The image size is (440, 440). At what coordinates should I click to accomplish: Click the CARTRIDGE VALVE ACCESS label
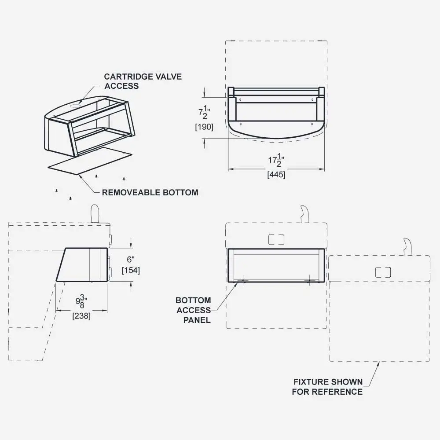[143, 81]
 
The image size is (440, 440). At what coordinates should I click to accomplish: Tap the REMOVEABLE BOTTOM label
[150, 192]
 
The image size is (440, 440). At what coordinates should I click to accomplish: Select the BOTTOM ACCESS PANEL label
[193, 310]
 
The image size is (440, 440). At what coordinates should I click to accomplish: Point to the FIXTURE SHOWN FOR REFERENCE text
[328, 387]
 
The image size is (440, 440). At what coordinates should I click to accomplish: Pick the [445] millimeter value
[276, 175]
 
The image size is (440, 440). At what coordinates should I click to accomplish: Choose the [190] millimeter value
[204, 127]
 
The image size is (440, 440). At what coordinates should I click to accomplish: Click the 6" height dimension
[130, 260]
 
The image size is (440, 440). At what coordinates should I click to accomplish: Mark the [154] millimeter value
[131, 270]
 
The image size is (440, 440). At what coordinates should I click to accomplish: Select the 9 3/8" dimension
[81, 303]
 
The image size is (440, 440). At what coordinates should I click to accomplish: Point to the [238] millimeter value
[81, 315]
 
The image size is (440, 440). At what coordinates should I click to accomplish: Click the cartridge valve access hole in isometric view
[75, 106]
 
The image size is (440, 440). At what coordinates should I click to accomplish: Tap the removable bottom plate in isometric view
[90, 162]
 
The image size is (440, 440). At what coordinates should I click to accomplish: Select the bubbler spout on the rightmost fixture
[407, 246]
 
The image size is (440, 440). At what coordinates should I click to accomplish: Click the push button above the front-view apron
[276, 239]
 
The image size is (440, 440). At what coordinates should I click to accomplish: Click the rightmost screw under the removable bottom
[124, 178]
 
